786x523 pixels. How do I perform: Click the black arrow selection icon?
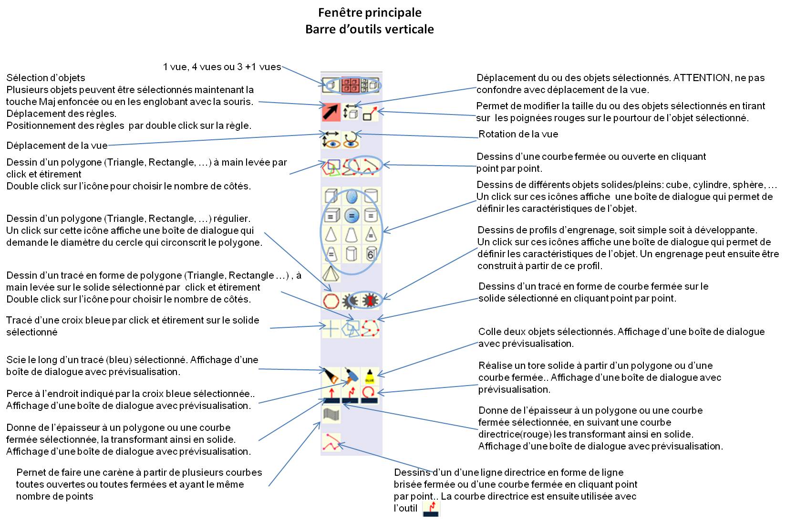point(331,112)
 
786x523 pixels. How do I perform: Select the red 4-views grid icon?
point(351,85)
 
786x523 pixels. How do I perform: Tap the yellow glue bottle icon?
point(370,376)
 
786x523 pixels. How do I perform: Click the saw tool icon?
point(331,376)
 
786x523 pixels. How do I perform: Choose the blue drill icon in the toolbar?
point(351,376)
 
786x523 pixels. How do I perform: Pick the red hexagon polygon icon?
point(331,301)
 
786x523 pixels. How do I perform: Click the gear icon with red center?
point(370,301)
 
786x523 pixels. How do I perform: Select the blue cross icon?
point(331,329)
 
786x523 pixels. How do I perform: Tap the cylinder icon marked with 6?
point(371,254)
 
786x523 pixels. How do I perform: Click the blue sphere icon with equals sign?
point(351,216)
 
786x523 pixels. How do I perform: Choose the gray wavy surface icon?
point(331,414)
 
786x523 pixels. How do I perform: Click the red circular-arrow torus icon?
point(370,395)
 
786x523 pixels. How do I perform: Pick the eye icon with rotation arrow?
point(351,140)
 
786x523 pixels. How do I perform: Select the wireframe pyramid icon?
point(331,274)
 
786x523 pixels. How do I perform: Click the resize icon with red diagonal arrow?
point(370,113)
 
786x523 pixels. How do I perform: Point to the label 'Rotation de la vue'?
point(518,134)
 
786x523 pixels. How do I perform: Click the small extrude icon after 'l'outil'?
point(431,509)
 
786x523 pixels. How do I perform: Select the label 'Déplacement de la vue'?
point(57,146)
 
